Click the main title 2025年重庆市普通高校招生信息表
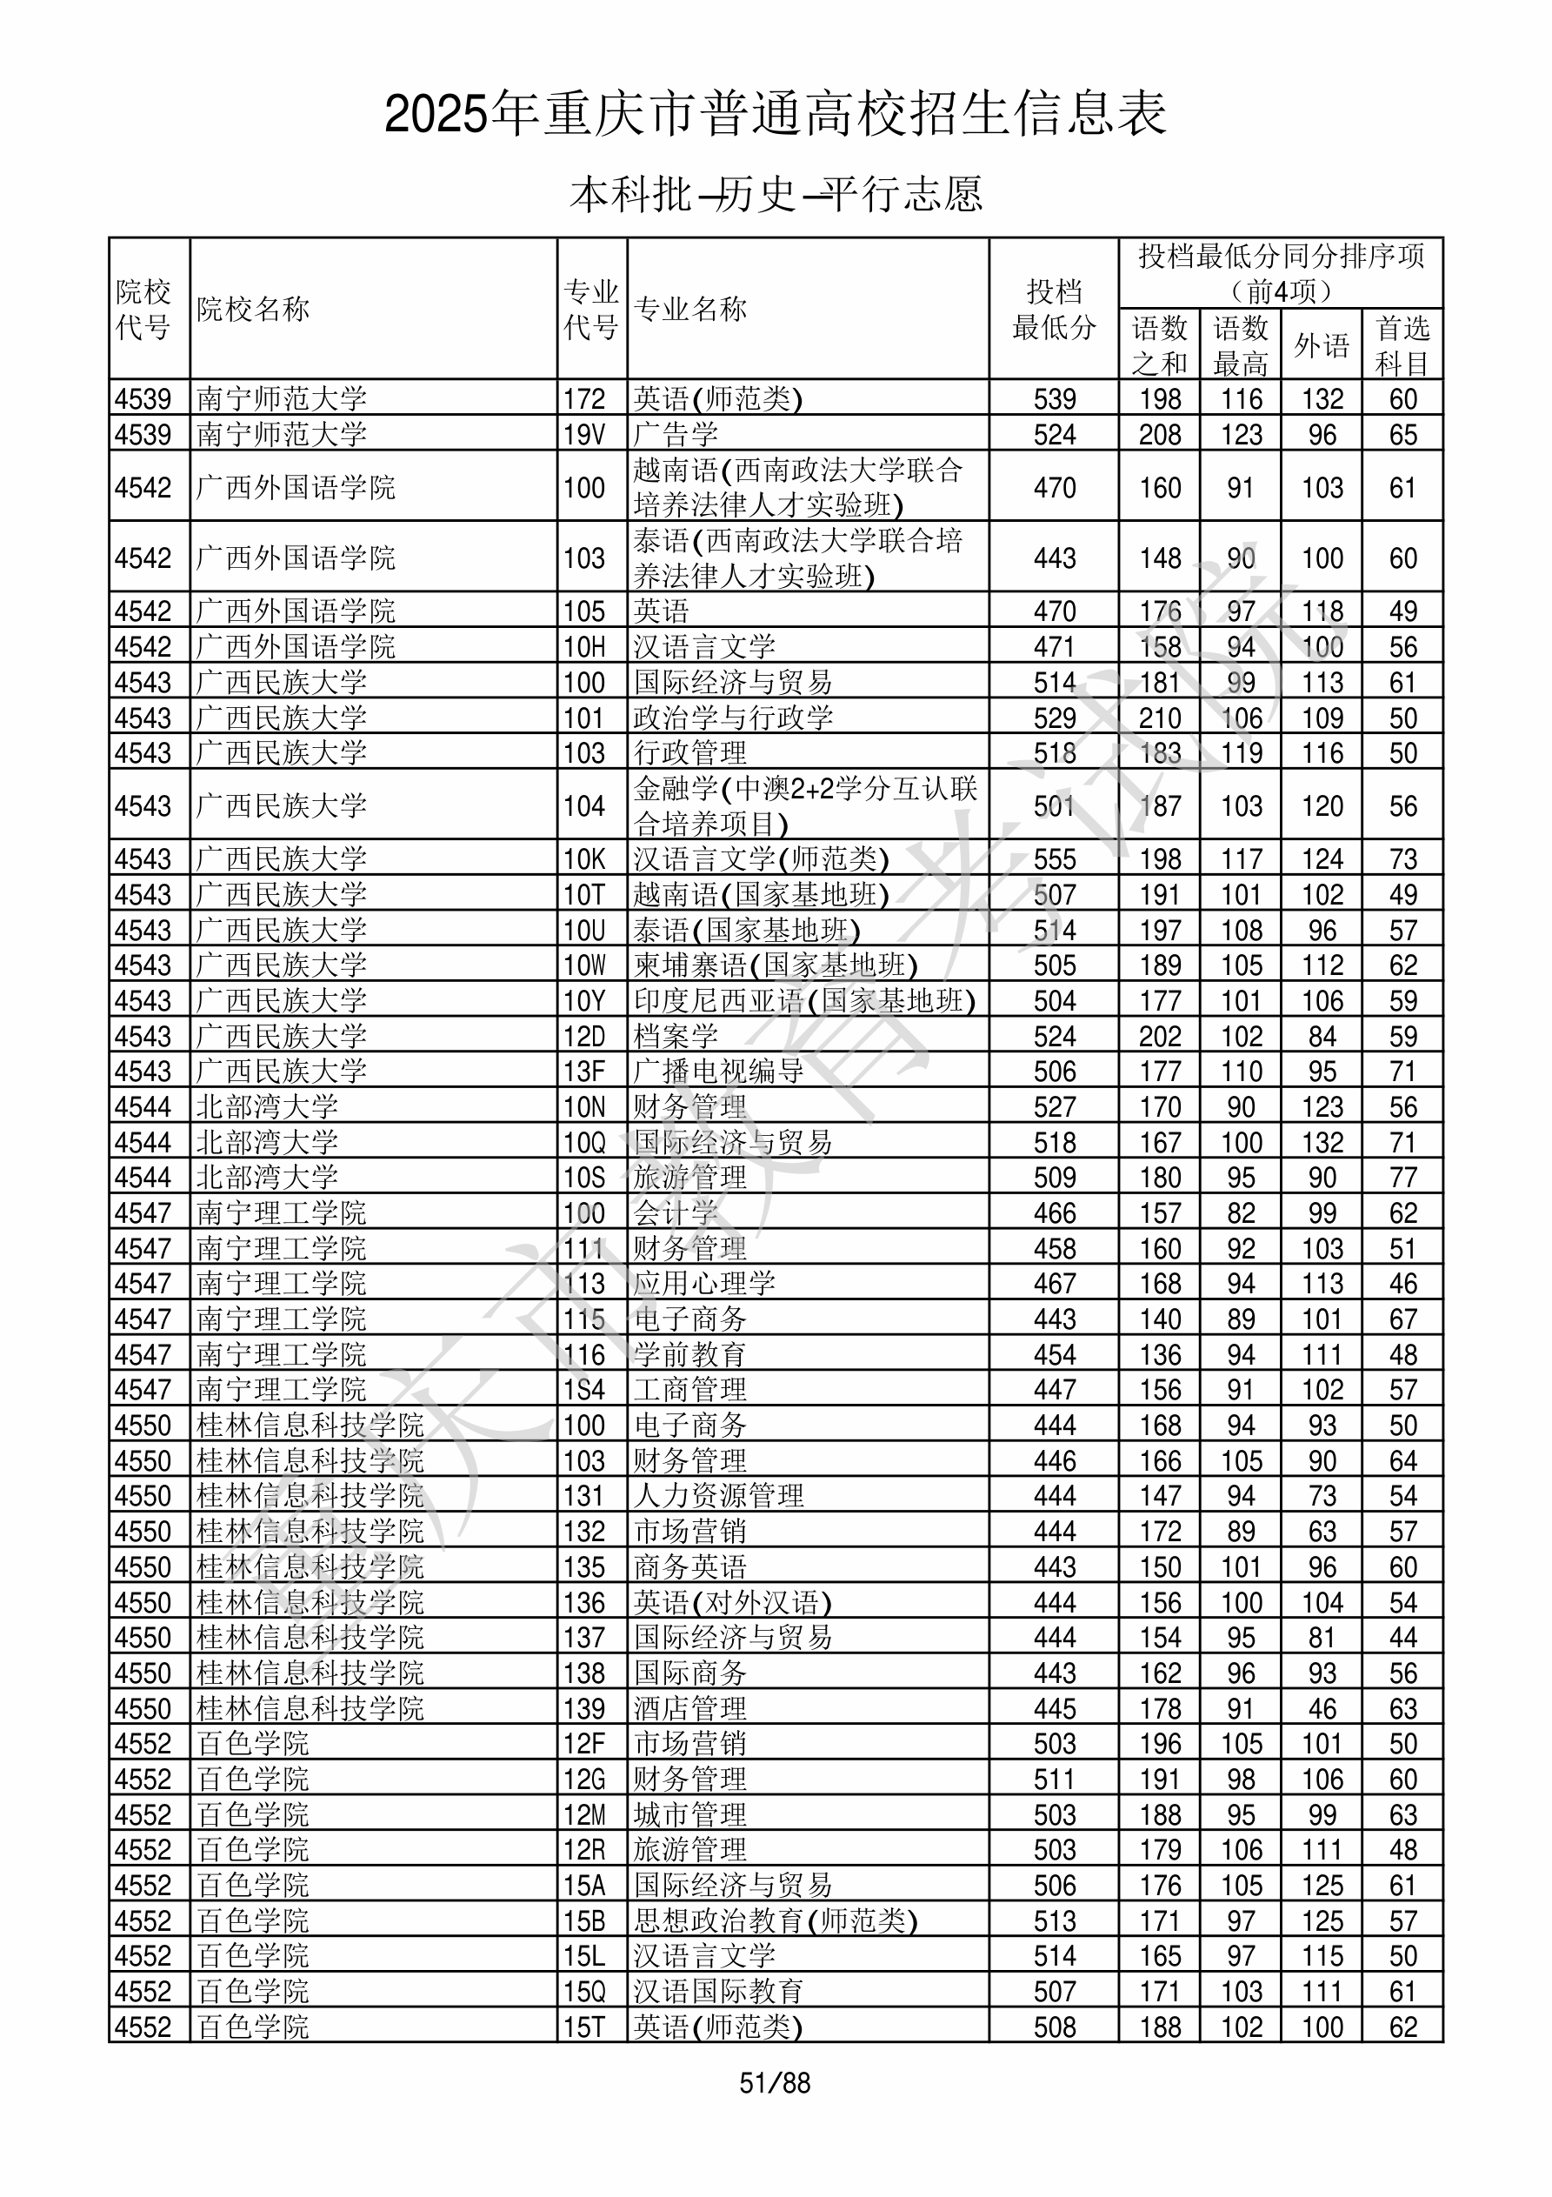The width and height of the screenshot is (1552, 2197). (x=775, y=115)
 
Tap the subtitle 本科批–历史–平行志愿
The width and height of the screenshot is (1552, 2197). (x=775, y=194)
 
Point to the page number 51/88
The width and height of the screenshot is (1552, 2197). (x=775, y=2083)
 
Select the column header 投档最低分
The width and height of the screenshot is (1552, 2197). (x=1054, y=309)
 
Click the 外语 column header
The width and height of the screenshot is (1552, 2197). (x=1322, y=345)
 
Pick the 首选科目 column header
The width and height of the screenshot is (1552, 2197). (x=1402, y=345)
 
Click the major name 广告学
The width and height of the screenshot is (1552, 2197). (x=676, y=434)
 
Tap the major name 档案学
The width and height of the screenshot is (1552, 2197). (x=676, y=1036)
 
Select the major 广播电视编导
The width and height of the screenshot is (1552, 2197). (x=717, y=1072)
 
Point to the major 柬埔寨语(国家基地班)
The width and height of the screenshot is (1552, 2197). (x=775, y=965)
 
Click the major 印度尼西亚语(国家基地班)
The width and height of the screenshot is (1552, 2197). (x=803, y=1001)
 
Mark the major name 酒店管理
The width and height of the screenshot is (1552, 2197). (x=689, y=1708)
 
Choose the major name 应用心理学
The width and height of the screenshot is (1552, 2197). (x=704, y=1283)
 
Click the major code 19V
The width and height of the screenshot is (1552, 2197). (x=583, y=434)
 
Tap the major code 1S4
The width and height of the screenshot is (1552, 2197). (x=583, y=1389)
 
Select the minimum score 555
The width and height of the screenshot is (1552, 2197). (x=1055, y=859)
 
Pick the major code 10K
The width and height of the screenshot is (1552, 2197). (x=583, y=859)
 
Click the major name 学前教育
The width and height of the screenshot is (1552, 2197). (x=689, y=1354)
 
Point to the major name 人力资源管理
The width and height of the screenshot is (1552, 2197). (x=718, y=1496)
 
